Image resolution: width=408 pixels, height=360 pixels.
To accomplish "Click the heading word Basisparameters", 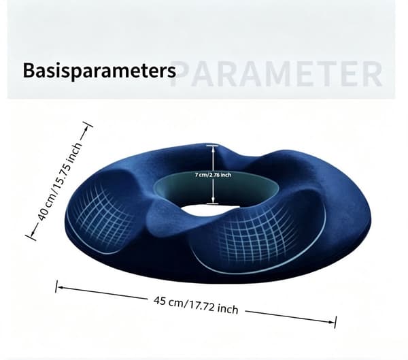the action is coord(99,71).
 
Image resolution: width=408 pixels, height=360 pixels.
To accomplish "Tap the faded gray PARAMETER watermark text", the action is coord(276,73).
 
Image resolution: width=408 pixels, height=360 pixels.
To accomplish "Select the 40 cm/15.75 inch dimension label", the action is coord(60,181).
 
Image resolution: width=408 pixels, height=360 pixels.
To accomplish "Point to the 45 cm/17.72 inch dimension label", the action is coord(196,305).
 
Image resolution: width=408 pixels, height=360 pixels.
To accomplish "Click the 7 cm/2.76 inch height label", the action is coord(213,175).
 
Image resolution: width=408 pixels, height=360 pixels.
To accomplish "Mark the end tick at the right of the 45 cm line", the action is coord(336,322).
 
